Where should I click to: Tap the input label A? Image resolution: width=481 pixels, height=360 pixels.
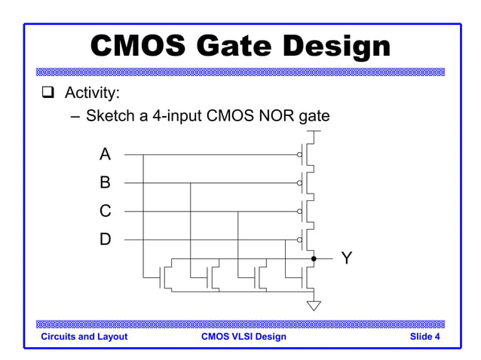tap(105, 154)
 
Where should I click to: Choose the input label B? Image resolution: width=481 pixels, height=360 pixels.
tap(105, 182)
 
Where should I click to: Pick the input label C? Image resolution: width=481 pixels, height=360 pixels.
tap(105, 211)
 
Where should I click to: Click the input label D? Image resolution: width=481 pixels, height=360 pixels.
tap(105, 239)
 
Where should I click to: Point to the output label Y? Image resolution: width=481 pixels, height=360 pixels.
tap(346, 258)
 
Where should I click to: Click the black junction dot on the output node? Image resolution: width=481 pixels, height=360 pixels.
tap(314, 258)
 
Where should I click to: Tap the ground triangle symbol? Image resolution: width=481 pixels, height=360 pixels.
tap(314, 305)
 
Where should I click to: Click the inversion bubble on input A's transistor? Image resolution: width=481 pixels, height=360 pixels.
tap(299, 154)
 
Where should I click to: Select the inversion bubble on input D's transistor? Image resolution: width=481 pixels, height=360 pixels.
tap(299, 239)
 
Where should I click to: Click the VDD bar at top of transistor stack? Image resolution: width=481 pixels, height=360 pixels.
tap(314, 131)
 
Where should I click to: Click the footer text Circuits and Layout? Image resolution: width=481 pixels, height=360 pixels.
tap(84, 337)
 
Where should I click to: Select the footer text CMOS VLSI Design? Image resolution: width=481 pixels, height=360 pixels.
tap(244, 337)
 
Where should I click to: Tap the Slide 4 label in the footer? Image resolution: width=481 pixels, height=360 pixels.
tap(425, 337)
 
